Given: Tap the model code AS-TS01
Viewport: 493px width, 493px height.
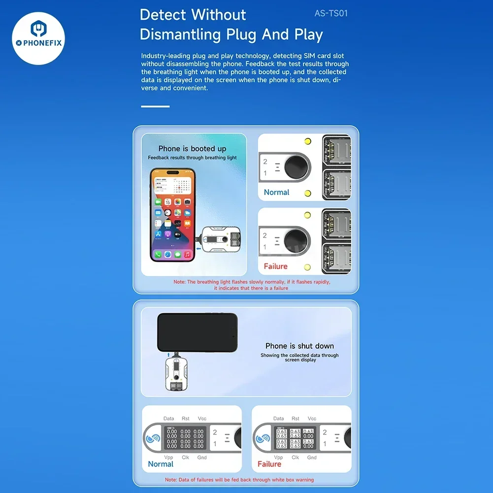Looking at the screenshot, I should tap(331, 13).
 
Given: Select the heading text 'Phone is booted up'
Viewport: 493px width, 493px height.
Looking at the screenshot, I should tap(192, 149).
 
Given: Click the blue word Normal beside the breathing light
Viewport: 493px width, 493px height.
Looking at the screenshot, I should tap(276, 192).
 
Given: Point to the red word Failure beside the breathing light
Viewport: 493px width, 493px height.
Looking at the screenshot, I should tap(275, 266).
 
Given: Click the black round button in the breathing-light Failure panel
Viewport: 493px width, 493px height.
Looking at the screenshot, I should tap(296, 241).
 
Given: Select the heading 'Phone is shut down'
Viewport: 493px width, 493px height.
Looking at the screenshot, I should tap(299, 346).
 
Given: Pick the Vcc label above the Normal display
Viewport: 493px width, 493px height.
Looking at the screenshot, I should tap(202, 419).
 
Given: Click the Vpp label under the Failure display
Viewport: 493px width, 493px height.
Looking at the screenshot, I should tap(278, 458).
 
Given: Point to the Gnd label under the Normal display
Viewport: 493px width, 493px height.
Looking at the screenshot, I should tap(202, 458).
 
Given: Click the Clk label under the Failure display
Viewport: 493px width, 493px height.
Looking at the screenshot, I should tap(295, 458).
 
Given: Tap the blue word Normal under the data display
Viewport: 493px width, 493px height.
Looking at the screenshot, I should tap(161, 464).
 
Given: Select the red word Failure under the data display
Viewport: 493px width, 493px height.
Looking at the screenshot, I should tap(269, 464).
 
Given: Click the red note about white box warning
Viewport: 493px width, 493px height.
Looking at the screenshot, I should tap(239, 480).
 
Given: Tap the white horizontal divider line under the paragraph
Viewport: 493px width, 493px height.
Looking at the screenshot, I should tap(155, 106).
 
